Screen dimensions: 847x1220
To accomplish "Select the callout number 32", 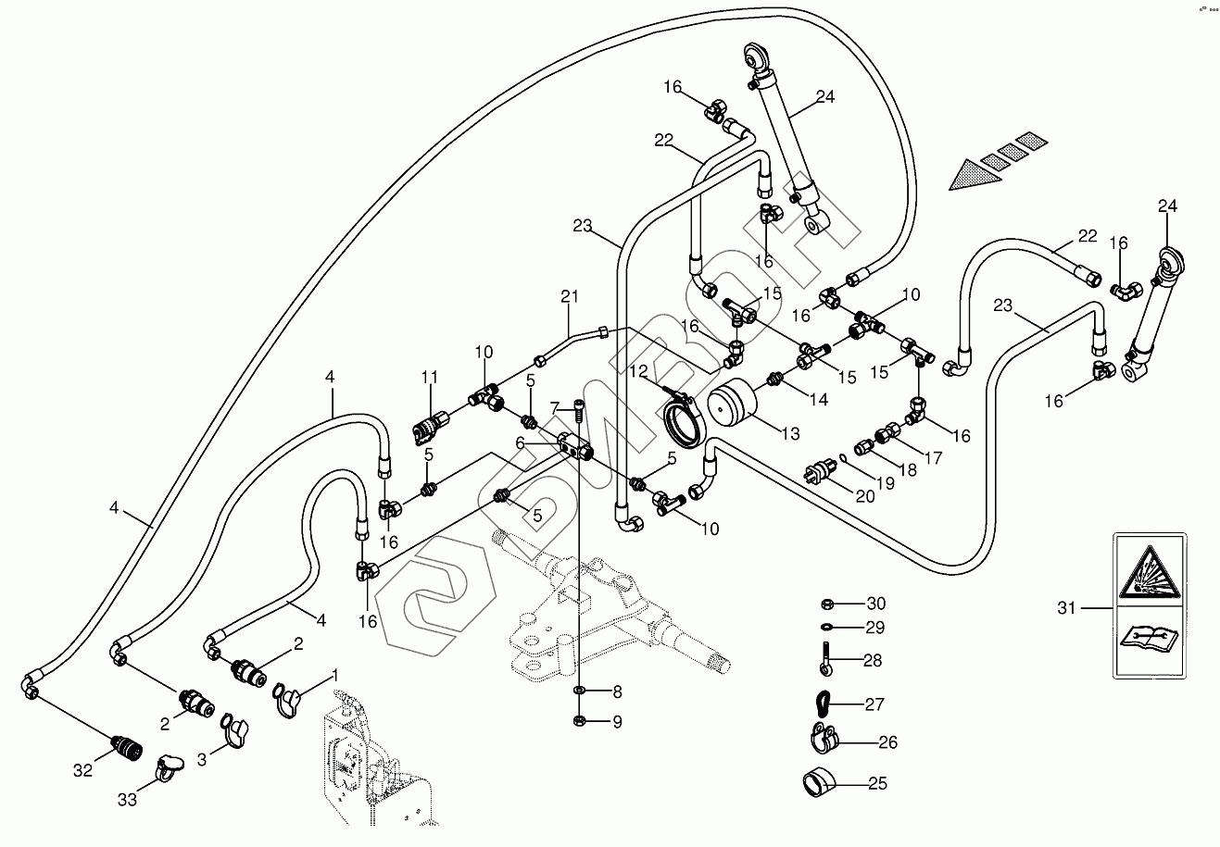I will [83, 770].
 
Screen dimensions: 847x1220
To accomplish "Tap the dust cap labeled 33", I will [168, 764].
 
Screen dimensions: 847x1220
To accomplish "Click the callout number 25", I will [877, 784].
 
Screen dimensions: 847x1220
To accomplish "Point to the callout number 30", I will [876, 604].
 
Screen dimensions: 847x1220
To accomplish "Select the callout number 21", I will [569, 296].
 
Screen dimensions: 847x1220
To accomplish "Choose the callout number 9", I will [616, 720].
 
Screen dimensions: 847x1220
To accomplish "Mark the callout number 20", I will [864, 496].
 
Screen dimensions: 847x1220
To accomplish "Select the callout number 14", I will [818, 400].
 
